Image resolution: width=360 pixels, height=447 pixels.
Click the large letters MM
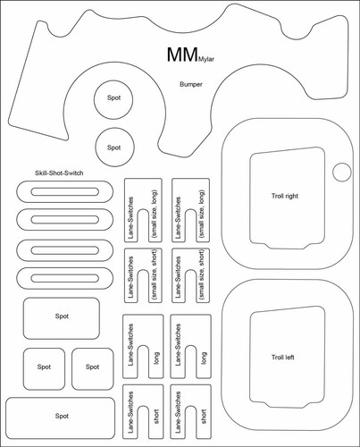182,55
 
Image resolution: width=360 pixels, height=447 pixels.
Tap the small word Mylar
206,58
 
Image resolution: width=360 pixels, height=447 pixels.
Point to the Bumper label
191,84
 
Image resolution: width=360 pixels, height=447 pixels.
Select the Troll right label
285,196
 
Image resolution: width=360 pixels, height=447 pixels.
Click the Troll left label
282,357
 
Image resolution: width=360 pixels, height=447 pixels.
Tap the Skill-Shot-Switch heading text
59,173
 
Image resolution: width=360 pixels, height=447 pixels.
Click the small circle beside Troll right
342,172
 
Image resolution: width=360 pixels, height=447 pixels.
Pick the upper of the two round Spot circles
113,99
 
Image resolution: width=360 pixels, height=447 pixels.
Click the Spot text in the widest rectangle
62,416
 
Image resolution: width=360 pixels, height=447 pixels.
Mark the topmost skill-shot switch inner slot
65,192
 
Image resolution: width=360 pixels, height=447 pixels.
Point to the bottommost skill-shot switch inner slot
65,278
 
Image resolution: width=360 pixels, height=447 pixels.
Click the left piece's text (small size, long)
155,214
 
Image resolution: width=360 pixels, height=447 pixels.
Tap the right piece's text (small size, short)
202,274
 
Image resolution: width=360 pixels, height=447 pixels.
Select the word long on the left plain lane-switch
156,358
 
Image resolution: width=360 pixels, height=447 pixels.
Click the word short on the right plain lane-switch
204,417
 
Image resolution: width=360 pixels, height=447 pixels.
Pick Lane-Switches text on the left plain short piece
130,412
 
